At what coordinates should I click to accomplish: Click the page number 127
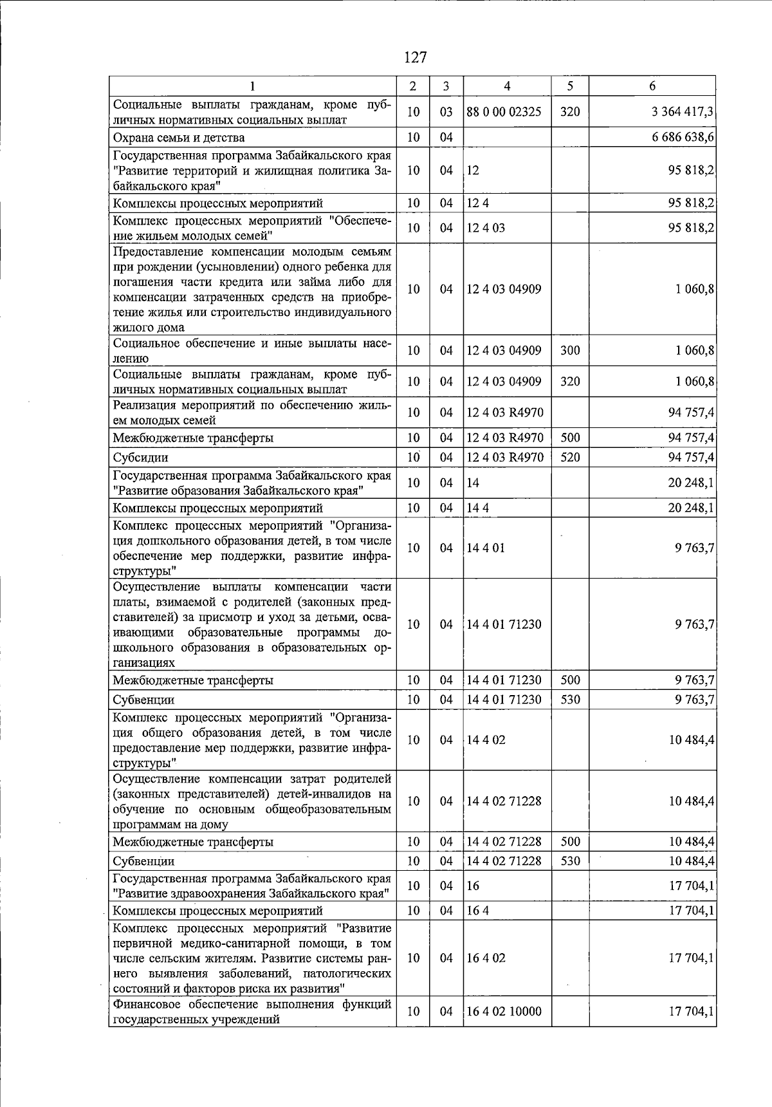(415, 58)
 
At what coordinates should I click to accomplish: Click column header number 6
(652, 86)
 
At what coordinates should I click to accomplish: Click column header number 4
(507, 86)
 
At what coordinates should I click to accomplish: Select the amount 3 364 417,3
(682, 112)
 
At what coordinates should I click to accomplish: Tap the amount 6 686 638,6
(682, 138)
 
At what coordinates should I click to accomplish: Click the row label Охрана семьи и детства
(179, 138)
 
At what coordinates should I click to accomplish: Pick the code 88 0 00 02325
(504, 112)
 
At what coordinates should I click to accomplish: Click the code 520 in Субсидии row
(570, 458)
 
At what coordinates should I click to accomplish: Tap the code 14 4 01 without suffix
(486, 548)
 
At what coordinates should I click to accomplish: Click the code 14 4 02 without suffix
(486, 740)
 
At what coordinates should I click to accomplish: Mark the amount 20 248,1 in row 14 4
(691, 508)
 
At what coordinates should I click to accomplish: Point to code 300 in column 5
(570, 351)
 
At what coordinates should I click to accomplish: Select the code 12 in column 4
(473, 171)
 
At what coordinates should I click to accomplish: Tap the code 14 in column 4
(473, 483)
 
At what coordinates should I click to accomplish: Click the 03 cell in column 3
(446, 112)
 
